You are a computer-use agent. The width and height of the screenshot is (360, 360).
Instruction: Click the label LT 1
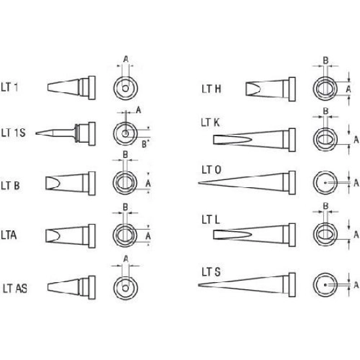coord(9,87)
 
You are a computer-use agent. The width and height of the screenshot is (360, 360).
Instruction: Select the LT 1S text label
coord(13,133)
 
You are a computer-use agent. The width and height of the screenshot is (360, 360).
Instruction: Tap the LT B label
coord(10,186)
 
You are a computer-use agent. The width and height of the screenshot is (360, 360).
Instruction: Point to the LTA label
coord(9,236)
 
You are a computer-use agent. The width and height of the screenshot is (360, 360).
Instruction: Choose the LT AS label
coord(15,289)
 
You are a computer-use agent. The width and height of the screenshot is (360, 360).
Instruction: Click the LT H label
coord(211,89)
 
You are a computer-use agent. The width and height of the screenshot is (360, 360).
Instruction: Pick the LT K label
coord(210,122)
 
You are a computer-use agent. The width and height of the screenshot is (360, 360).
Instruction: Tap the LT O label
coord(211,170)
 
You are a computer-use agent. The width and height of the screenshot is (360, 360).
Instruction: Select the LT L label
coord(211,220)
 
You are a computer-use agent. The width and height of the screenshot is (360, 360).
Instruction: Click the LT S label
coord(211,272)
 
